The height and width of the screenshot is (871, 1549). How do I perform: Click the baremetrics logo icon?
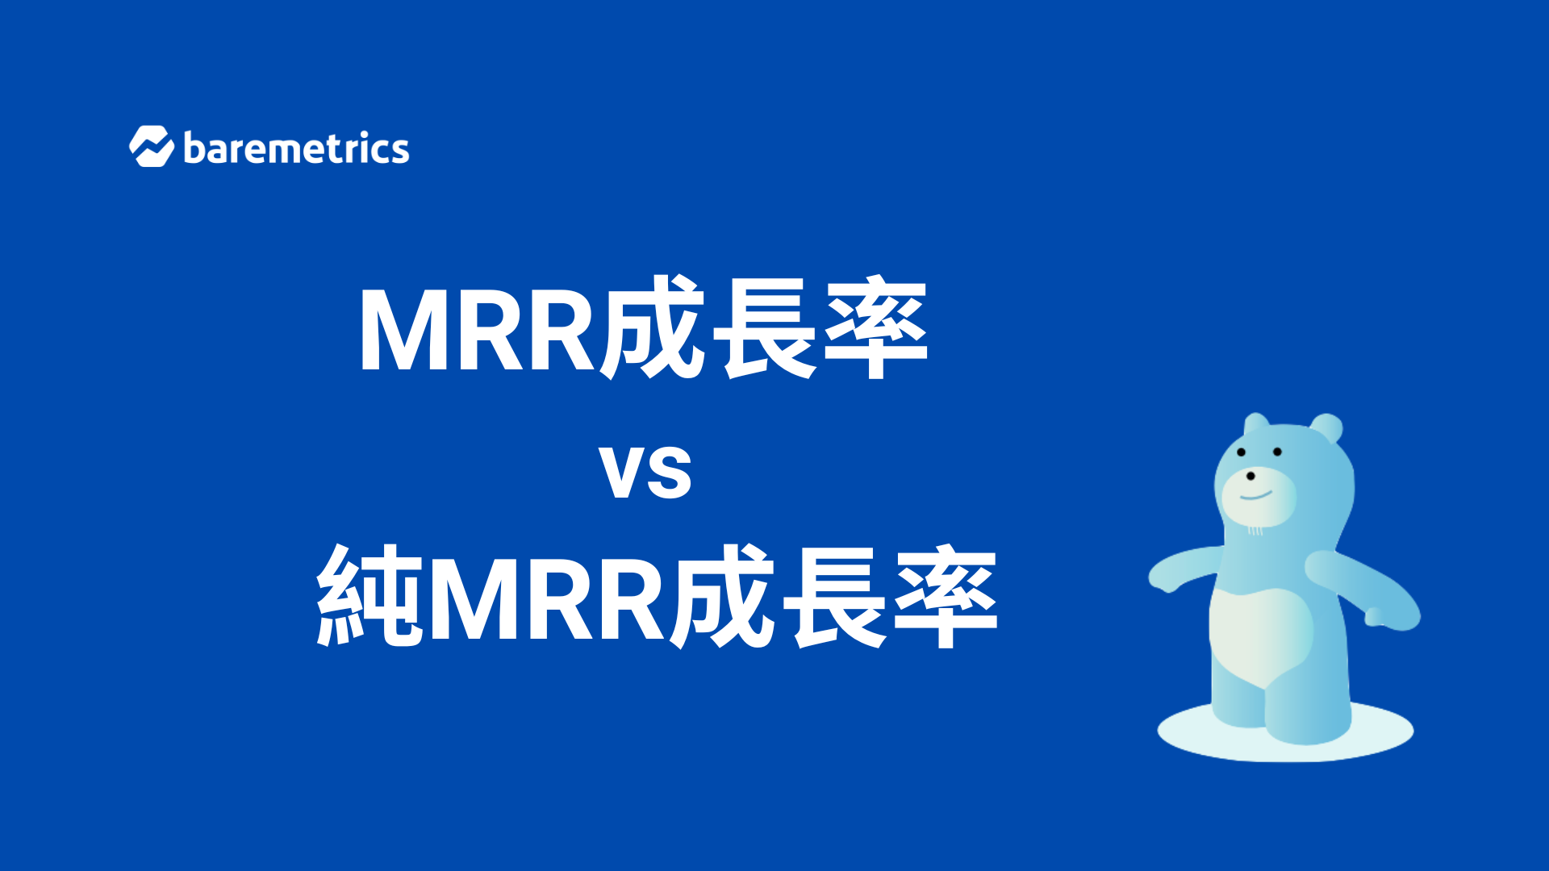pyautogui.click(x=152, y=147)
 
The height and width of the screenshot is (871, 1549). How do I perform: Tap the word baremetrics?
pyautogui.click(x=296, y=148)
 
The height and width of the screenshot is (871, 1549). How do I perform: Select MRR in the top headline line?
pyautogui.click(x=477, y=330)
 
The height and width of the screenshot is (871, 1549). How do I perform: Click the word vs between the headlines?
pyautogui.click(x=645, y=473)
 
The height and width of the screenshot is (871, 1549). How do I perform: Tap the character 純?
pyautogui.click(x=370, y=596)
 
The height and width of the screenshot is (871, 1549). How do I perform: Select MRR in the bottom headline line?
pyautogui.click(x=548, y=599)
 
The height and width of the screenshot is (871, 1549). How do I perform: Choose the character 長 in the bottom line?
pyautogui.click(x=835, y=597)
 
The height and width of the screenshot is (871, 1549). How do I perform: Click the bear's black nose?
pyautogui.click(x=1250, y=477)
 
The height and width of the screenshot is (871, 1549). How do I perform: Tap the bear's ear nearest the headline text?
pyautogui.click(x=1255, y=426)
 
